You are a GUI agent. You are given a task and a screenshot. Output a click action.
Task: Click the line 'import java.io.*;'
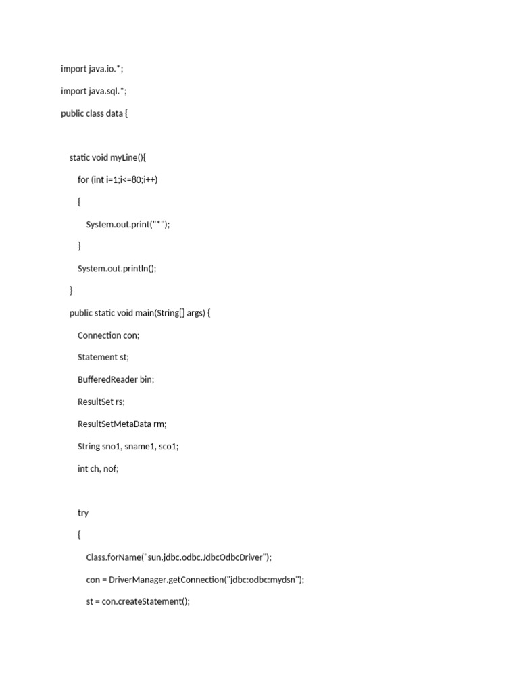[x=92, y=69]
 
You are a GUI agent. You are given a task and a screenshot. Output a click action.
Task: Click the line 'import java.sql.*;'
[x=93, y=91]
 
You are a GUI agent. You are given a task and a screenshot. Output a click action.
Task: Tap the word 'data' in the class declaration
[x=114, y=113]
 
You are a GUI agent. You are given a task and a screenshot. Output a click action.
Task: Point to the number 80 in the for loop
[x=137, y=180]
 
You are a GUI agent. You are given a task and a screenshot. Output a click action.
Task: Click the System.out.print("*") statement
[x=128, y=224]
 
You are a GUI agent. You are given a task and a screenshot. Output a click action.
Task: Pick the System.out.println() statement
[x=117, y=269]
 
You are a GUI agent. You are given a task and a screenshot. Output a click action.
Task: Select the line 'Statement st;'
[x=103, y=358]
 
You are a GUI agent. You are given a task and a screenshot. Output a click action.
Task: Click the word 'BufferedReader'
[x=107, y=380]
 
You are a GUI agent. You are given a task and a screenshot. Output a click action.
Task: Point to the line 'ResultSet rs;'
[x=101, y=402]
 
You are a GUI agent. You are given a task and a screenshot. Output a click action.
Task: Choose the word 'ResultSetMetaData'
[x=115, y=424]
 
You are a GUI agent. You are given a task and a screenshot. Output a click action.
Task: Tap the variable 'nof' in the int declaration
[x=111, y=469]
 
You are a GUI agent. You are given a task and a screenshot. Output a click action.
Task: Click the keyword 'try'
[x=83, y=513]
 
